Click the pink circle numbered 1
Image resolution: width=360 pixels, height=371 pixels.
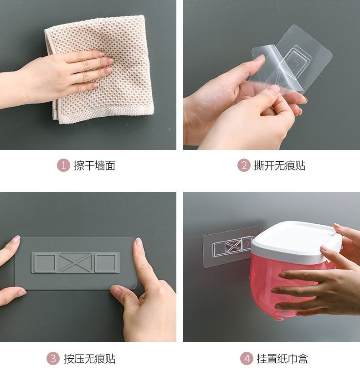coord(63,165)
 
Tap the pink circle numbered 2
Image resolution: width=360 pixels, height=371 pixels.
coord(244,165)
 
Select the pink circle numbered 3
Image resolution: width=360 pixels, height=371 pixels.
coord(53,358)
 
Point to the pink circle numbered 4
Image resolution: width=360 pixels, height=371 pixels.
coord(247,358)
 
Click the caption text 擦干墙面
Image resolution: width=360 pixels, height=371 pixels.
coord(95,165)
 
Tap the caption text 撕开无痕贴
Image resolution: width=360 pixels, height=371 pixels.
coord(280,165)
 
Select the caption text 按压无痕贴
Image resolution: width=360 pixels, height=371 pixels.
coord(89,358)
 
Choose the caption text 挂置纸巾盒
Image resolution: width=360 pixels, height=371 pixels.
coord(283,358)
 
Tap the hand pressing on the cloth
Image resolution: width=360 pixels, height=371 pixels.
coord(62,76)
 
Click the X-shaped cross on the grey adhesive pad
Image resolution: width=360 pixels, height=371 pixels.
coord(75,263)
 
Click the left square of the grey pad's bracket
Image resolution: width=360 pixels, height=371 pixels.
coord(44,263)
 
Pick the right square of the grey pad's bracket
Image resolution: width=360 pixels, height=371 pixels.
coord(106,263)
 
